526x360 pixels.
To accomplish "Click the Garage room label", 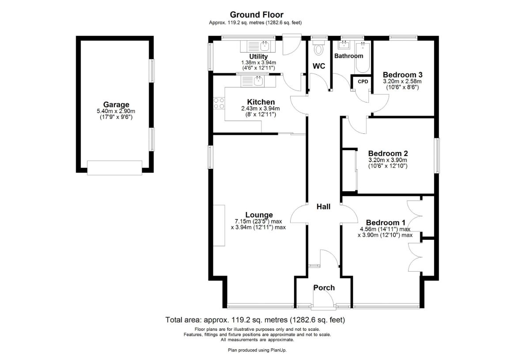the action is pos(116,105).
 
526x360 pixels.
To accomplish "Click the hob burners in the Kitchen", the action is pos(219,103).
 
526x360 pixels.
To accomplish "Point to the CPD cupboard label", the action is pos(363,82).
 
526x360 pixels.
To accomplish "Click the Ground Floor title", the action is pos(257,15).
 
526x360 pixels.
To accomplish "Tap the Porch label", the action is pos(324,288).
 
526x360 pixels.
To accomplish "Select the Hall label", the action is pos(323,207).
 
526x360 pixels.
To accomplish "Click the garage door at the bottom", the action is pos(115,167).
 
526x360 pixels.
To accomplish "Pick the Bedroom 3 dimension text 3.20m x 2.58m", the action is pos(402,81).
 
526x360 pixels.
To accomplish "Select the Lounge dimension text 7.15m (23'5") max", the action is pos(258,221).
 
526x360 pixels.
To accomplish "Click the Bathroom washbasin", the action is pos(344,45).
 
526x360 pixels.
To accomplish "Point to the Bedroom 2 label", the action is pos(388,153).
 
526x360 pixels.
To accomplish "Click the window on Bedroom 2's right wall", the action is pos(437,155).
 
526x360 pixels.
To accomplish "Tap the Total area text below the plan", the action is pos(255,320).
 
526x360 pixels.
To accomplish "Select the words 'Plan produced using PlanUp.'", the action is pos(257,350).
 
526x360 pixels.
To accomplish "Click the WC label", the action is pos(319,66).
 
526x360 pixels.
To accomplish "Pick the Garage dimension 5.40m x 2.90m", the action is pos(116,111).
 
